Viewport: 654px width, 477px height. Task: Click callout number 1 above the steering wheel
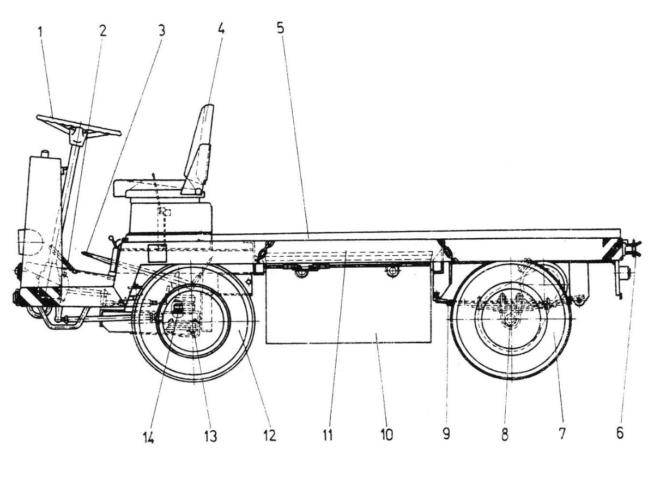coord(40,31)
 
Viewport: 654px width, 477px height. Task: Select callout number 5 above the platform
coord(280,28)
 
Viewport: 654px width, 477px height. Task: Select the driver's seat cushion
coord(158,188)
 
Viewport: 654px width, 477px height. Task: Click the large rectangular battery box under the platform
coord(349,305)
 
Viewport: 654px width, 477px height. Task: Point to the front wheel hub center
coord(193,322)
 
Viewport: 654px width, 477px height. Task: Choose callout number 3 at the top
coord(161,30)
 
